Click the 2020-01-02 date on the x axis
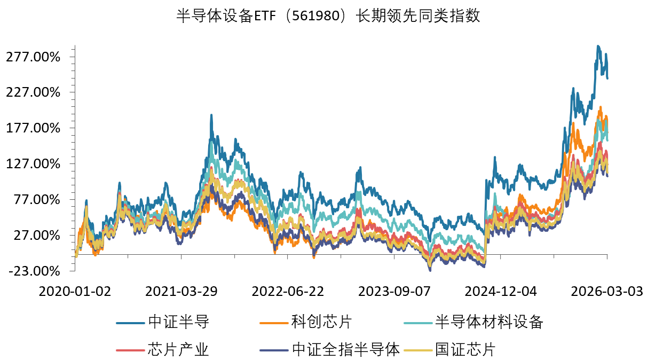75,292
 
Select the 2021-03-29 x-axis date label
181,292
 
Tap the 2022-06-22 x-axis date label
288,292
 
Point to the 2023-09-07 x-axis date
394,292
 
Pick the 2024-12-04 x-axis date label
500,292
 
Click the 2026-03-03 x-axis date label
606,292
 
